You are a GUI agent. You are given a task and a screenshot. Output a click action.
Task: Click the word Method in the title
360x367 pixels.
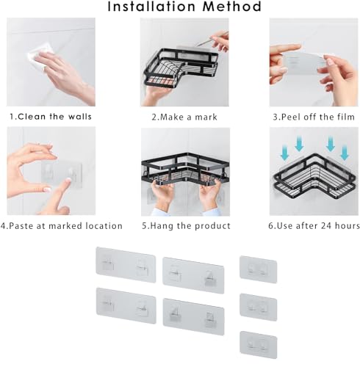coord(232,7)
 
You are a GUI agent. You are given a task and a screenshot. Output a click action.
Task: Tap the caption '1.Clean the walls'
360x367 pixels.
coord(51,117)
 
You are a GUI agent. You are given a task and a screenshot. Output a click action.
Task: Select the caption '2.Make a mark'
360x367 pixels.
coord(184,117)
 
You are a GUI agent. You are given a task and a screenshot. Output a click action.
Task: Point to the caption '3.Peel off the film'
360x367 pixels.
coord(314,117)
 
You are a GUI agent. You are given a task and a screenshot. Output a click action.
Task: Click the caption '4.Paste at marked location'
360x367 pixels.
coord(62,225)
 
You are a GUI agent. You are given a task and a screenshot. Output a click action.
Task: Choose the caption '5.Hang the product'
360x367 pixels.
coord(186,225)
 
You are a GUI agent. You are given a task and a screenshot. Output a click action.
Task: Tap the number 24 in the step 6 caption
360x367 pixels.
coord(327,225)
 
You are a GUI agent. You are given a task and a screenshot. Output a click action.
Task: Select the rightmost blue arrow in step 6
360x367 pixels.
coord(345,152)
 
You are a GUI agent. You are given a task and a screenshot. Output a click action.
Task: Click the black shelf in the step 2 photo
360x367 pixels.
coord(180,68)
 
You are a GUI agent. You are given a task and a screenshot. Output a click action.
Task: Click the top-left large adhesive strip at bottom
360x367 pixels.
coord(126,265)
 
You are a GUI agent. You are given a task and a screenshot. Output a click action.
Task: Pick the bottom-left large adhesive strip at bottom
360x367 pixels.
coord(126,305)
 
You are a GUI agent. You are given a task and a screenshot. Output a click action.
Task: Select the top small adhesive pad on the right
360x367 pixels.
coord(258,269)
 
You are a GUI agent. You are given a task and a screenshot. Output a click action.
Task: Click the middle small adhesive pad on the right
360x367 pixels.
coord(258,308)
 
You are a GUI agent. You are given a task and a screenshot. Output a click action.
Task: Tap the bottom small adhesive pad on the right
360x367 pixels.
coord(259,345)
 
